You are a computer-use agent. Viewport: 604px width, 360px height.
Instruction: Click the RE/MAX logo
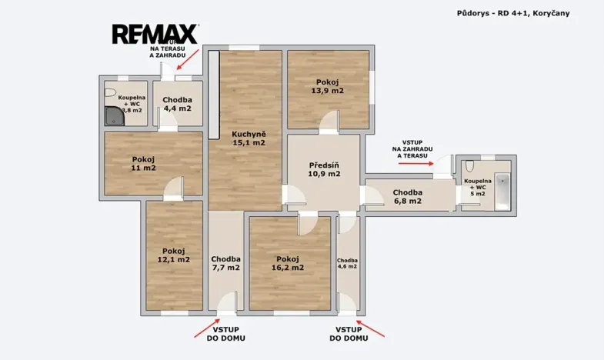point(155,34)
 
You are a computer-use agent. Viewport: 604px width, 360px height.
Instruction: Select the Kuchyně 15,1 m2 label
point(249,138)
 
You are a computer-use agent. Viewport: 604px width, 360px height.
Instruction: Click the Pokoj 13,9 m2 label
point(327,86)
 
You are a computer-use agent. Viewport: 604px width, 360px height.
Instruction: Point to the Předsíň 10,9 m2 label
point(324,169)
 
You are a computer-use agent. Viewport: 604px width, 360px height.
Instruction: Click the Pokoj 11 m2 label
point(142,163)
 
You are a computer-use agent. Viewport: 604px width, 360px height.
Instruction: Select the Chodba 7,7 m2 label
point(225,263)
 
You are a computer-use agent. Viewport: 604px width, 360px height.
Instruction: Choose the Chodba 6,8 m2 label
point(407,197)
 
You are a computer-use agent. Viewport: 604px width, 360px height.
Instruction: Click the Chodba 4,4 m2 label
point(177,104)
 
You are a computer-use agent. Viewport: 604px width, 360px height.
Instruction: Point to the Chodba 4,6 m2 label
point(347,263)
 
